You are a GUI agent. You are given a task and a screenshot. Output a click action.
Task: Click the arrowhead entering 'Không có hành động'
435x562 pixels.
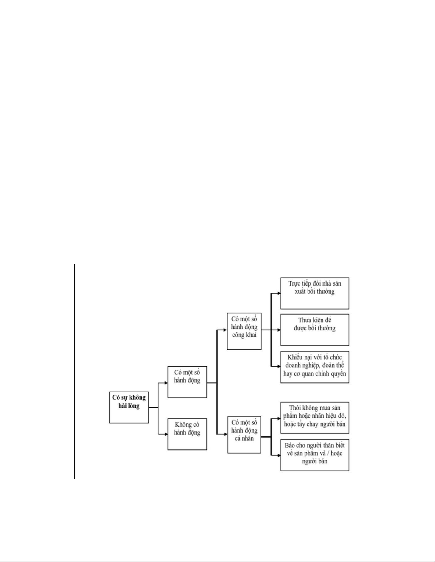tap(166, 434)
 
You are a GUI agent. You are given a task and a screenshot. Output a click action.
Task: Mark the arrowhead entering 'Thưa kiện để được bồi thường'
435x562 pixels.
tap(279, 330)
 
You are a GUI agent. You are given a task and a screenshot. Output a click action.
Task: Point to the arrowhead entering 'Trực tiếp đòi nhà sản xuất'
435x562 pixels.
tap(279, 294)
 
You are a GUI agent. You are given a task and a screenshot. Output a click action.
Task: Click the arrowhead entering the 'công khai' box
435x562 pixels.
tap(225, 330)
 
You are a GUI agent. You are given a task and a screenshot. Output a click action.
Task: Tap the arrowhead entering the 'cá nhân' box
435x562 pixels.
tap(225, 434)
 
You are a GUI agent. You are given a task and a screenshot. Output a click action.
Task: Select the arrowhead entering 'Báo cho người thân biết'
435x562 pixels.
tap(279, 455)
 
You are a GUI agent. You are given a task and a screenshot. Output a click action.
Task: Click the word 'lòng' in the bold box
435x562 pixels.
tap(134, 406)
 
